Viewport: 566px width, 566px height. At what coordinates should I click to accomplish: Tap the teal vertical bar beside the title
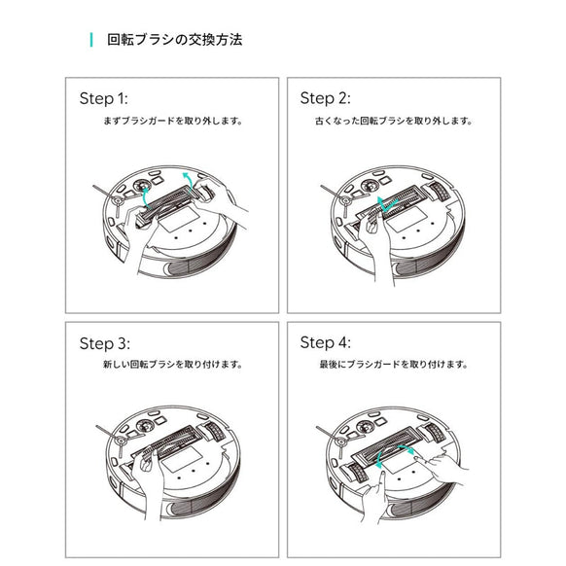(90, 40)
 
